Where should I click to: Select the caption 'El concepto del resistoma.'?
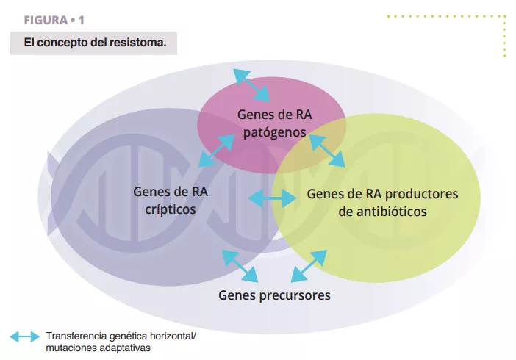pos(95,43)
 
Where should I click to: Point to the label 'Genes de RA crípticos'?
pos(171,201)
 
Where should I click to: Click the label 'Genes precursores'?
pos(274,295)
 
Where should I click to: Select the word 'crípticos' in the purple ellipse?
pos(171,209)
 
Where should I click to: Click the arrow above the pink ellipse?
pos(251,84)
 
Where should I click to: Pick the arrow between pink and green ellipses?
pos(327,151)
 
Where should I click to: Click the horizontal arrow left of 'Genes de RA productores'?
pos(271,198)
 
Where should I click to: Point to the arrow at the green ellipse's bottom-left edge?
pos(309,266)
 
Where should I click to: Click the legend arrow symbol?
pos(24,336)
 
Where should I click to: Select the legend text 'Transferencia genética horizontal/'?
pos(121,336)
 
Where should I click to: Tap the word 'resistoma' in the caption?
pos(138,43)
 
